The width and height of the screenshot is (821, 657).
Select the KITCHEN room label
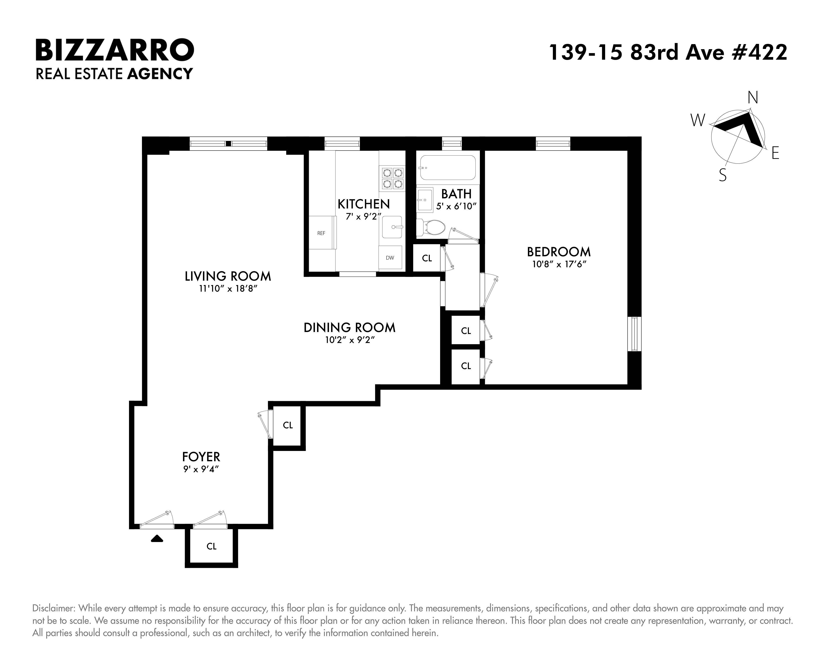pos(364,204)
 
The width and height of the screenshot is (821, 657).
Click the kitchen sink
pos(392,227)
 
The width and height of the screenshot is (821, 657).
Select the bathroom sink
pos(425,199)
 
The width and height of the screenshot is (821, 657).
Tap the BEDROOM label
pos(559,252)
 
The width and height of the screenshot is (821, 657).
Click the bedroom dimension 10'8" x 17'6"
pos(559,264)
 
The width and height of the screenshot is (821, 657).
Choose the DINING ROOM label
pos(350,328)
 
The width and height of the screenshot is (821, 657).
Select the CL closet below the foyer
pos(211,547)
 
